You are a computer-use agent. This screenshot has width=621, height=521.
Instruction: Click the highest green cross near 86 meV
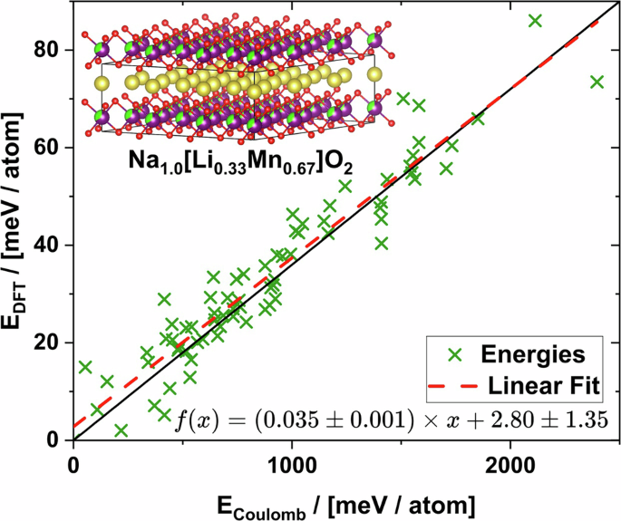[x=536, y=21]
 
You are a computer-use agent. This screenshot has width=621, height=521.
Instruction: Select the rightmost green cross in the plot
[x=597, y=82]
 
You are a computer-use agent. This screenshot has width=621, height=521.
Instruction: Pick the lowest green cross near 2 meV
[x=121, y=430]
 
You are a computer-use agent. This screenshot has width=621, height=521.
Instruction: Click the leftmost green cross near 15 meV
[x=85, y=367]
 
